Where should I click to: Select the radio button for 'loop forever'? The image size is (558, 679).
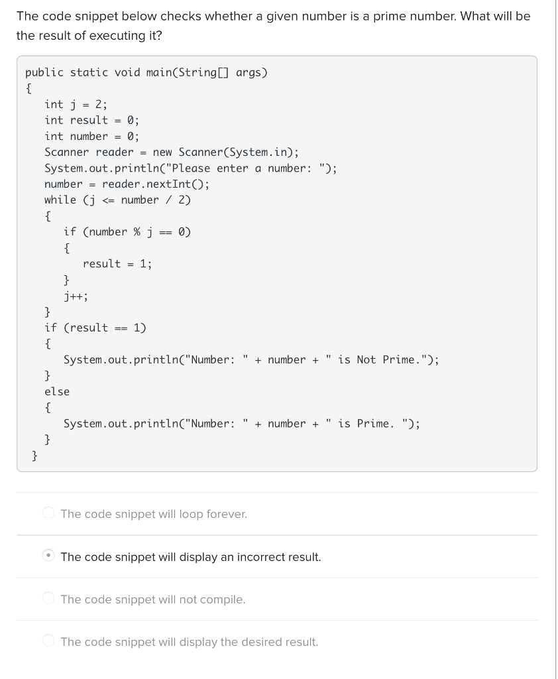[x=48, y=513]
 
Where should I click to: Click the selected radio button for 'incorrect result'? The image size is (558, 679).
[x=48, y=556]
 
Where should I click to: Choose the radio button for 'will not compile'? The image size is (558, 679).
[x=48, y=599]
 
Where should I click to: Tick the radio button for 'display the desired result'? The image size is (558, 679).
[x=48, y=641]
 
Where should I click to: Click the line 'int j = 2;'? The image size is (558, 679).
[x=76, y=104]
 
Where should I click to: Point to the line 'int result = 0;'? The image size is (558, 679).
[x=91, y=120]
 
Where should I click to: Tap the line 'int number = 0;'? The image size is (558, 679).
[x=91, y=136]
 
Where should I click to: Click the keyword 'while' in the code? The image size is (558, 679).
[x=60, y=200]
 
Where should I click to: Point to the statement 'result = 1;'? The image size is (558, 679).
[x=117, y=263]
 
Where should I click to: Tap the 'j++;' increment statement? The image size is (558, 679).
[x=76, y=296]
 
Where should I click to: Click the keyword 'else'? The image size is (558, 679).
[x=57, y=391]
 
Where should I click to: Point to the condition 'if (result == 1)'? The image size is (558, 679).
[x=95, y=328]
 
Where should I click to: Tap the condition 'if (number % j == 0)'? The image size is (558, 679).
[x=127, y=231]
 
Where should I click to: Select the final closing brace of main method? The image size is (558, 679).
[x=34, y=455]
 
